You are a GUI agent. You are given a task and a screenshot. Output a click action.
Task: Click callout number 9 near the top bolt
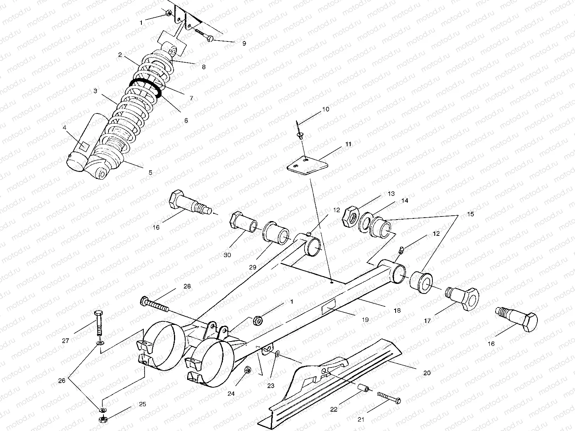(x=244, y=43)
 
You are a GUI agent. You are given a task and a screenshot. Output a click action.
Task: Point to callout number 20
(x=427, y=373)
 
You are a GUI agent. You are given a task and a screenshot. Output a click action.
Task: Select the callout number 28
(x=187, y=287)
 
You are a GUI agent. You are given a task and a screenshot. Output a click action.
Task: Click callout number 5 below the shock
(x=150, y=173)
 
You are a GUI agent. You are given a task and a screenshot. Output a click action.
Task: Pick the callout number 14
(x=405, y=201)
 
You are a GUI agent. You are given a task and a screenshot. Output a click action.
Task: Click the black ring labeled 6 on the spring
(x=146, y=87)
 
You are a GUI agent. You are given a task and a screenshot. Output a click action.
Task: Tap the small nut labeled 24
(x=249, y=370)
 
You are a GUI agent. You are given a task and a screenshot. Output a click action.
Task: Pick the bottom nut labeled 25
(x=103, y=419)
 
